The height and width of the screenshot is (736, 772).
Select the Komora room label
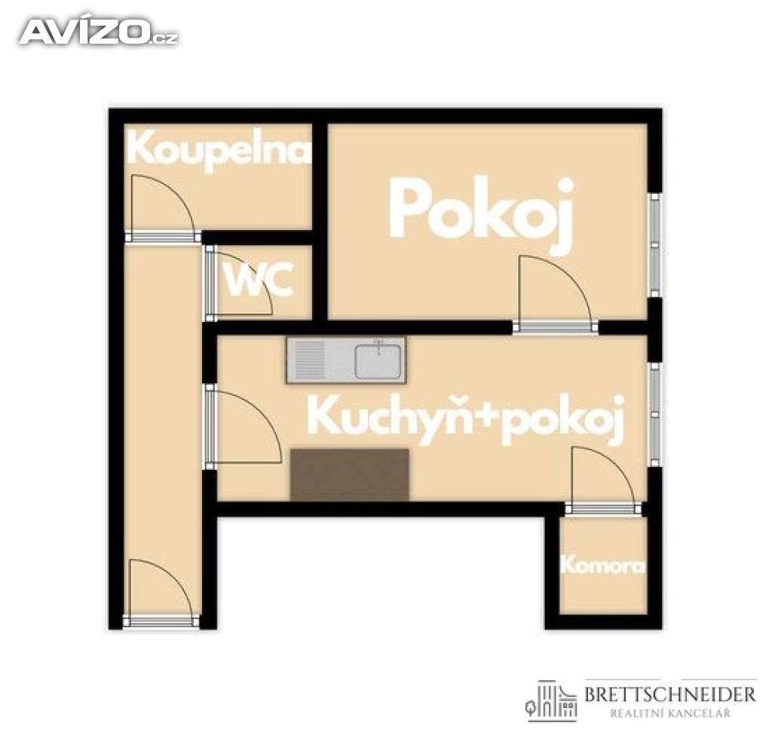(602, 565)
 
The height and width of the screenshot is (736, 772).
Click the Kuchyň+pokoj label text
(466, 420)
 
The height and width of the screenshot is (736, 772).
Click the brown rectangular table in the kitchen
(350, 474)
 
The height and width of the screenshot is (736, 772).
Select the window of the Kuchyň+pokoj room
(655, 414)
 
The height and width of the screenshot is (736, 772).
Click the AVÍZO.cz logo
(99, 32)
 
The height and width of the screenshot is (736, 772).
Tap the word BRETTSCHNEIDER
(669, 694)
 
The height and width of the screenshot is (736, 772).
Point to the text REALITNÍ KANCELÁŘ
(670, 713)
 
